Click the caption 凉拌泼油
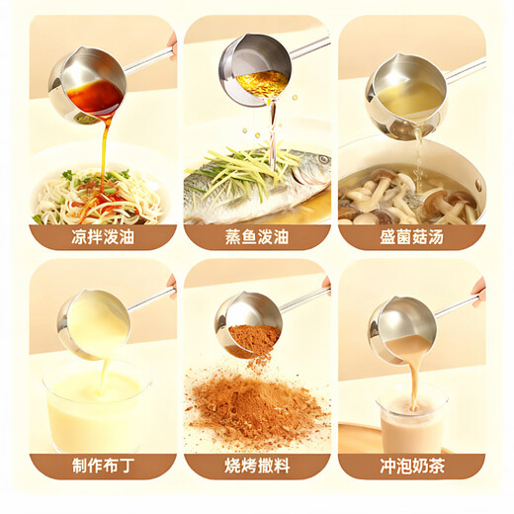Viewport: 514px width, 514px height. point(102,236)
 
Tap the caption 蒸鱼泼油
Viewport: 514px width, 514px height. point(257,236)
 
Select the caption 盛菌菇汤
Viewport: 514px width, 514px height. point(411,236)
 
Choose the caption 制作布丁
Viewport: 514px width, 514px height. point(102,466)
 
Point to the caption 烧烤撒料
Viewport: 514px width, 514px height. point(257,466)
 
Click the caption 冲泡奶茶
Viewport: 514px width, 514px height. point(411,466)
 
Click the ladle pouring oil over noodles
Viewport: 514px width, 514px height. point(89,83)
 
